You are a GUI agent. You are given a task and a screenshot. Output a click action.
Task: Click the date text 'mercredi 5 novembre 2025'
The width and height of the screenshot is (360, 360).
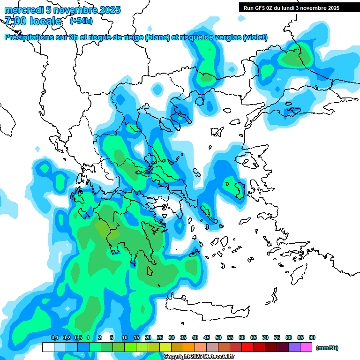[x=62, y=10]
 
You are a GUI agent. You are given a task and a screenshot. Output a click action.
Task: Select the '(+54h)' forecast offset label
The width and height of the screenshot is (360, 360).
[x=81, y=21]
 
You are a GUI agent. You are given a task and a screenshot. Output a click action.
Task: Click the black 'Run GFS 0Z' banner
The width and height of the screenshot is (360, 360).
[x=292, y=7]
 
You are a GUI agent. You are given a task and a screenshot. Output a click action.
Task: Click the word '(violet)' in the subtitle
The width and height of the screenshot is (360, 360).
[x=255, y=37]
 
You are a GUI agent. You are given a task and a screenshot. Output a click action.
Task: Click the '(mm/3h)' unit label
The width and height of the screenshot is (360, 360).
[x=327, y=348]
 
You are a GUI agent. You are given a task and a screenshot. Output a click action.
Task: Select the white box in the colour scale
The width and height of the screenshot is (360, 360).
[x=48, y=347]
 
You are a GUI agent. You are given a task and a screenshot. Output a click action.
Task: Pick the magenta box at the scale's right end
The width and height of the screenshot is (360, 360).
[x=307, y=347]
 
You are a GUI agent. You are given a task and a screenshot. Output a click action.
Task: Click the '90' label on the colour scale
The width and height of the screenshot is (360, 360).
[x=312, y=337]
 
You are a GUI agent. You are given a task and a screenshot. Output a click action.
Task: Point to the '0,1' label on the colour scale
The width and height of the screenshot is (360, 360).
[x=55, y=337]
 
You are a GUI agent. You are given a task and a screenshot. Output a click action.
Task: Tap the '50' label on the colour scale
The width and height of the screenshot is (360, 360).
[x=218, y=337]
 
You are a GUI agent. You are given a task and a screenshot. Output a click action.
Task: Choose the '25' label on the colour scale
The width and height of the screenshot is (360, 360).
[x=160, y=337]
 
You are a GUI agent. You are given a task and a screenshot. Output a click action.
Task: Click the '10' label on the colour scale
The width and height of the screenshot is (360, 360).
[x=125, y=337]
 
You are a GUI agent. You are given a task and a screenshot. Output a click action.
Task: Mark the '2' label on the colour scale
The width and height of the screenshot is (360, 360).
[x=100, y=337]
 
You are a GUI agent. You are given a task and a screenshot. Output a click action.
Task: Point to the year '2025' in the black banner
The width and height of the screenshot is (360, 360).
[x=333, y=7]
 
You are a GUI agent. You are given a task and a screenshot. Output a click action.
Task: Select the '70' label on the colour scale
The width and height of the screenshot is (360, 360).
[x=265, y=337]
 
